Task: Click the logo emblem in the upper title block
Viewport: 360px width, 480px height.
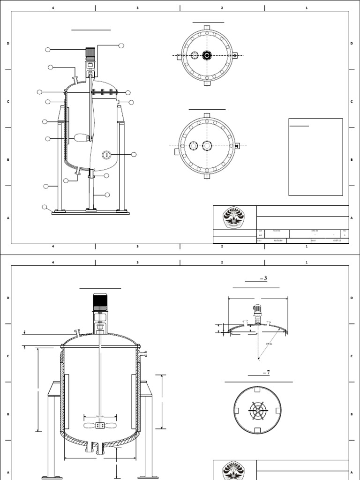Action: [233, 218]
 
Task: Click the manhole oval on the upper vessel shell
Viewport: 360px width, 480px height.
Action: [106, 154]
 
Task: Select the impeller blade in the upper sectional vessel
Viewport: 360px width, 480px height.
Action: [81, 138]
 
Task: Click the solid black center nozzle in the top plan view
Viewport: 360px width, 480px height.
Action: [207, 56]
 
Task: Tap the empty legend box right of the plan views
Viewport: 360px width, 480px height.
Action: [315, 157]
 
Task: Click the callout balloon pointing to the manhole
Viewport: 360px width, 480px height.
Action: [134, 154]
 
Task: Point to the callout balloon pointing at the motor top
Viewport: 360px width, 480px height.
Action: [121, 45]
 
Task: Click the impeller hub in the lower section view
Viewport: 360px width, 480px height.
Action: [99, 426]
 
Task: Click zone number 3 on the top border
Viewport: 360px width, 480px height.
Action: [137, 8]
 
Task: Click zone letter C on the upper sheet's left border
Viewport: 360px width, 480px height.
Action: [8, 101]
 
